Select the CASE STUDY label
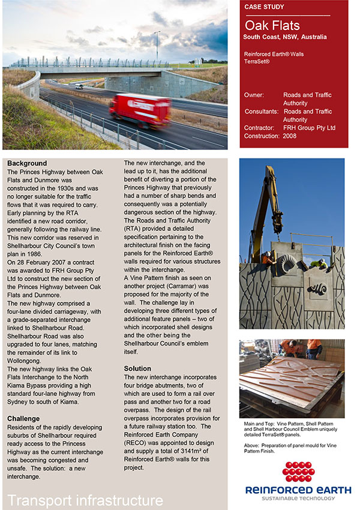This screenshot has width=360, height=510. [x=265, y=7]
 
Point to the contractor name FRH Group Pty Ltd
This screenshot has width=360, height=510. [x=310, y=128]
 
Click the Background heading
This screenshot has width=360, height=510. [x=27, y=163]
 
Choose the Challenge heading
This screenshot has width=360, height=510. [x=23, y=418]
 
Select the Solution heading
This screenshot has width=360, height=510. [x=137, y=368]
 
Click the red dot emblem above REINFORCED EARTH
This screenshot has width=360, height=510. [x=298, y=472]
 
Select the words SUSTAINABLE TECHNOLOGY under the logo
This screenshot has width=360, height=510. [x=298, y=498]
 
